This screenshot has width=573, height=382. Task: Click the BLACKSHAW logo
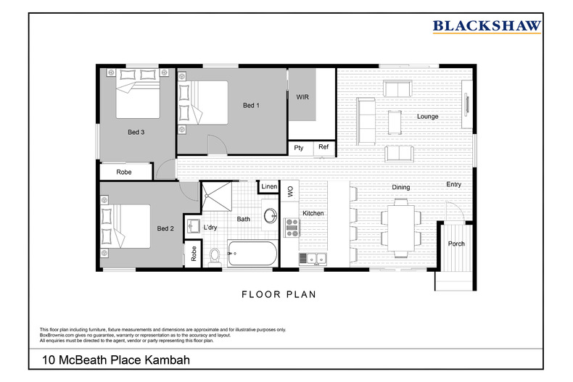coord(487,27)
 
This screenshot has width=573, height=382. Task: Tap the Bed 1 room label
coord(251,106)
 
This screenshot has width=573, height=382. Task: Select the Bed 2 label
coord(165,228)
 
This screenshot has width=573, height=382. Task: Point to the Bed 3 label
coord(136,132)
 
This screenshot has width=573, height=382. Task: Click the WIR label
coord(302,96)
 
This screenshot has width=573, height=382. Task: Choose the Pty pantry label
coord(299,148)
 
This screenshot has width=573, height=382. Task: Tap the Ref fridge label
coord(323,148)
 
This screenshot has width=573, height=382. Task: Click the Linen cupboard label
coord(269,187)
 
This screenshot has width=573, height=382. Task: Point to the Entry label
coord(453,185)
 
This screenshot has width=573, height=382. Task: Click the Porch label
coord(455,244)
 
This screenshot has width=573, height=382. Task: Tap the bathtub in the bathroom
coord(252,254)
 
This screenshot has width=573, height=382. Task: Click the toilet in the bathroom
coord(214,255)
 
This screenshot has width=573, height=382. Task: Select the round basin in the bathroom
coord(270,216)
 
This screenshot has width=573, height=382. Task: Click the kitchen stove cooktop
coord(292,228)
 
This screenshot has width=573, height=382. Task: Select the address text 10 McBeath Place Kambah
coord(112,360)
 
